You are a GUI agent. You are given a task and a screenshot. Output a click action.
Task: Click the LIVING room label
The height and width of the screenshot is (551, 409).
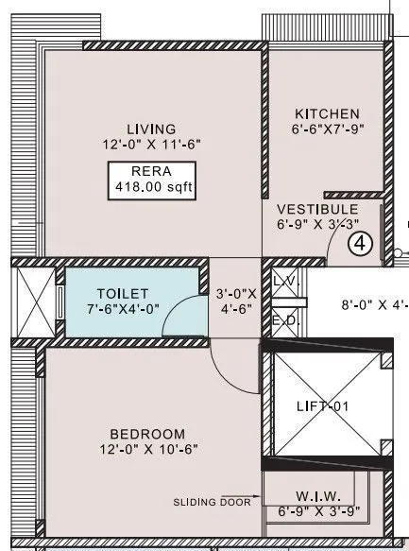point(151,129)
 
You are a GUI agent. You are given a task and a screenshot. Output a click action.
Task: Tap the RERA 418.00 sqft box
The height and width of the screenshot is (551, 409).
point(151,180)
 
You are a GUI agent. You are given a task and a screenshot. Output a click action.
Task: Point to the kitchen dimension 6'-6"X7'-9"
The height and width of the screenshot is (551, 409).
point(325,129)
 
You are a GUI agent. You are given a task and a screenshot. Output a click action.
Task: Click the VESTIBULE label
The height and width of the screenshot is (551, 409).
point(316,209)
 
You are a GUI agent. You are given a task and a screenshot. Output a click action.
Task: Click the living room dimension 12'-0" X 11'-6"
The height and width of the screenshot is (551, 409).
point(151,145)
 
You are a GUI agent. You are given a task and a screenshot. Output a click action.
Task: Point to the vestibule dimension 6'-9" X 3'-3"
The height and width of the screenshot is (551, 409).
point(316,225)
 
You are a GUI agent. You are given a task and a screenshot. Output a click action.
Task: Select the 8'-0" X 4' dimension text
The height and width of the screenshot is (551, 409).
point(374,305)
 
